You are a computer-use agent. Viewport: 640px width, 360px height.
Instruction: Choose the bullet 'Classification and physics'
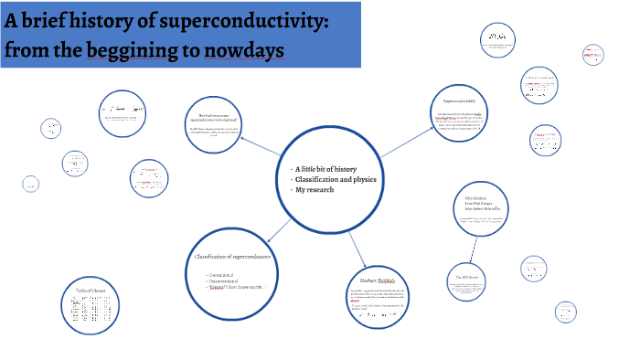336,179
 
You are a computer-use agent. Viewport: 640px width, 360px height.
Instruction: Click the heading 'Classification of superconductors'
242,259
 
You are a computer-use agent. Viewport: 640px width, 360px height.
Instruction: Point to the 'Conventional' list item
226,274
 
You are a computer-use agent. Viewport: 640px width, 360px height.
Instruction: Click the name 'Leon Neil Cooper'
483,205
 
